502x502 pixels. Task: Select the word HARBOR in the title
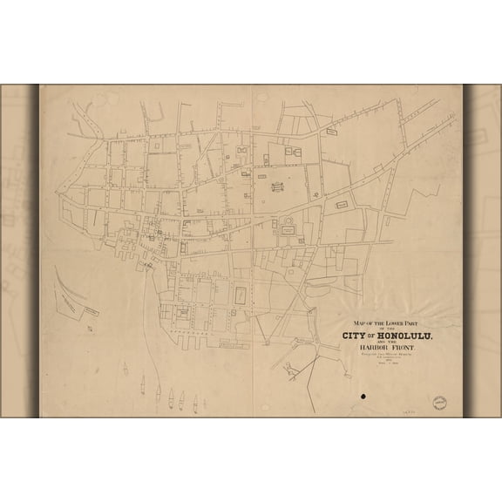coord(370,350)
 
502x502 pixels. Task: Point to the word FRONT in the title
coord(404,350)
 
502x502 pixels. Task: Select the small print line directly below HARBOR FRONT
coord(384,357)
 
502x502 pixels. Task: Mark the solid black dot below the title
coord(363,397)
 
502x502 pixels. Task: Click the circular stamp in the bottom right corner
coord(439,404)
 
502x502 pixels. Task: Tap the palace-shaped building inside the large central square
coord(278,186)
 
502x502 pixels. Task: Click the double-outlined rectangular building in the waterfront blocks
coord(237,294)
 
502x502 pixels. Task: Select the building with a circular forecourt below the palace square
coord(288,228)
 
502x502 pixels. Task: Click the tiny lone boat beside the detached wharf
coord(91,328)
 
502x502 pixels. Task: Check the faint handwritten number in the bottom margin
coord(406,407)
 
